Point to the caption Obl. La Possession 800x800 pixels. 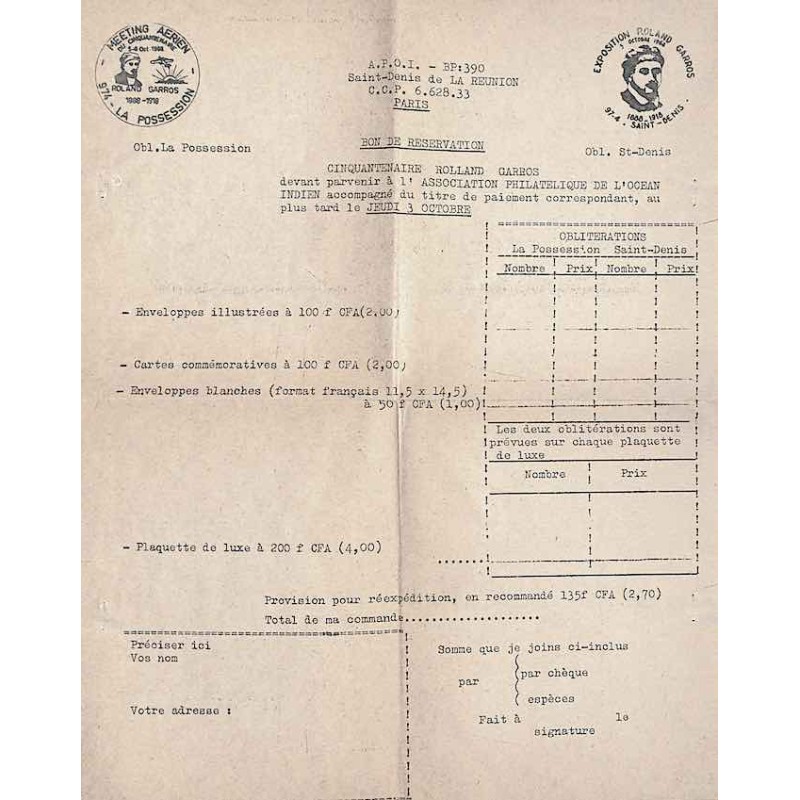coord(177,148)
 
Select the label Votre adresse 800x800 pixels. coord(180,710)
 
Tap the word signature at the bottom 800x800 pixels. coord(564,731)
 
